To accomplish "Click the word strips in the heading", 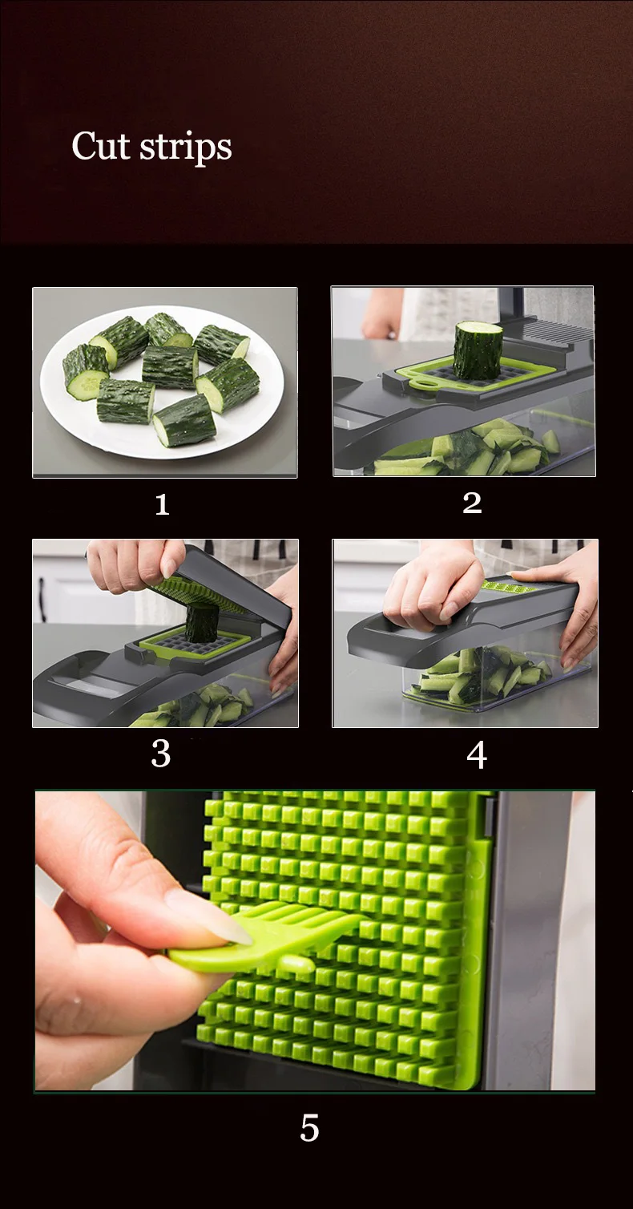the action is click(186, 148).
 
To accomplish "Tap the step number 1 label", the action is click(162, 505).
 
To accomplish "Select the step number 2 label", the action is click(472, 503).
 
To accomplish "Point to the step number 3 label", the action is click(161, 754).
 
